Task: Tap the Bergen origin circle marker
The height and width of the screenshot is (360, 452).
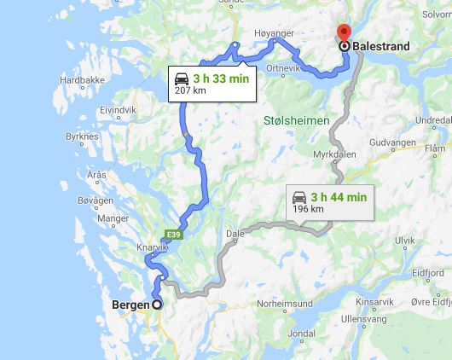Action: pos(157,305)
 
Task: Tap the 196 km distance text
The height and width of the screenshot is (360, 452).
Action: pos(307,208)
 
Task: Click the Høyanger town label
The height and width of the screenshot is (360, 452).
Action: pos(273,33)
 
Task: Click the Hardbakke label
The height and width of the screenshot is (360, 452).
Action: pos(82,81)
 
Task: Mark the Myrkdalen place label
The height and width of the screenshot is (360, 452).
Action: pos(334,154)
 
